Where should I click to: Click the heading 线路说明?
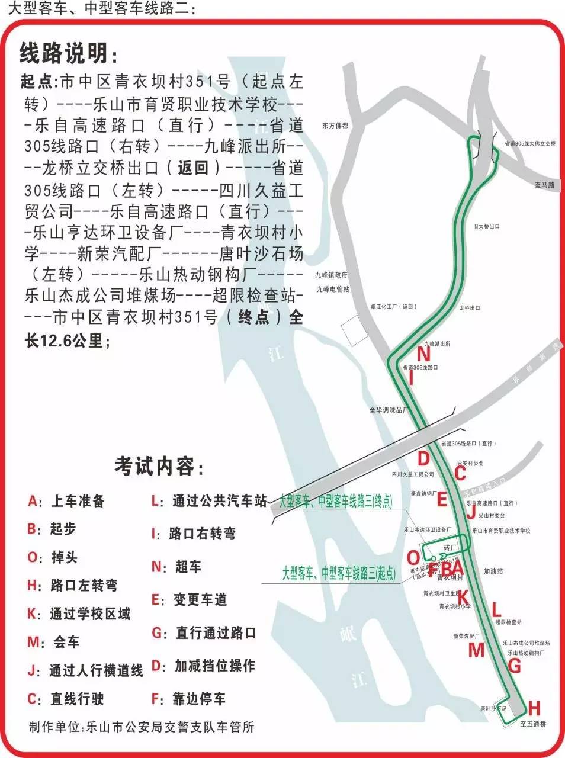click(69, 53)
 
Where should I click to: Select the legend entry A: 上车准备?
click(66, 501)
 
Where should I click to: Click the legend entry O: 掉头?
click(53, 557)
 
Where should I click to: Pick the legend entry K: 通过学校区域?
click(79, 614)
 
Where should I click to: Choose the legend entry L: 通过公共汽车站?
click(209, 501)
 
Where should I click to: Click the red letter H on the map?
click(534, 708)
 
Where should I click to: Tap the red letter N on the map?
click(423, 354)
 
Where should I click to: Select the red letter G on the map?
click(514, 666)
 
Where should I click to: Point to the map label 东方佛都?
click(335, 126)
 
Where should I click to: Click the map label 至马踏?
click(544, 185)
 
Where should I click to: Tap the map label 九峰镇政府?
click(332, 275)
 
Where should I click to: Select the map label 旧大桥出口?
click(486, 226)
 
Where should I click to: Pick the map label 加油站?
click(493, 571)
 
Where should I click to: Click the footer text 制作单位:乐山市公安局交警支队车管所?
click(142, 727)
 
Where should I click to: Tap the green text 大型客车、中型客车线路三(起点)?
click(338, 573)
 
